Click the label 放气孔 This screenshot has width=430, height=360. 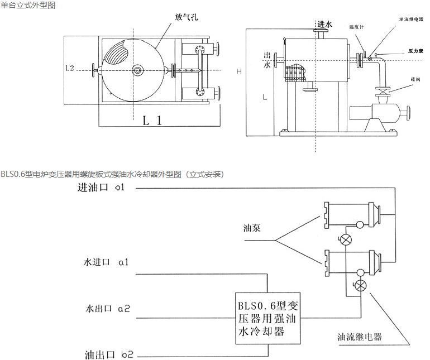pos(187,17)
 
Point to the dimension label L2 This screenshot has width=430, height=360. pos(70,68)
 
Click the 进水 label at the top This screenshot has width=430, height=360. pos(324,25)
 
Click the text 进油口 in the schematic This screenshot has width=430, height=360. pos(93,188)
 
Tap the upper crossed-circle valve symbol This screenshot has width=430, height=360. pos(346,240)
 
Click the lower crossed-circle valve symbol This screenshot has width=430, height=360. pos(361,286)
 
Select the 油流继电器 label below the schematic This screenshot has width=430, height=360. pos(359,337)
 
